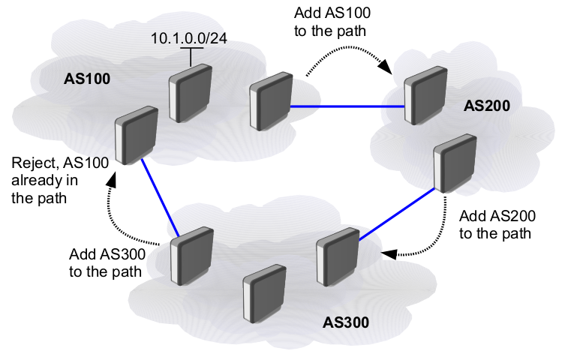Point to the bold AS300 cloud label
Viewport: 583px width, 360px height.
tap(346, 322)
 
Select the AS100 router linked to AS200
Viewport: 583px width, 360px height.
tap(269, 103)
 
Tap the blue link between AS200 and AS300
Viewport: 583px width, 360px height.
tap(398, 215)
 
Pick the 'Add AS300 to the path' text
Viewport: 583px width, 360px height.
tap(107, 262)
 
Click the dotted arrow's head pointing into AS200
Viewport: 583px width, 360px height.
tap(385, 68)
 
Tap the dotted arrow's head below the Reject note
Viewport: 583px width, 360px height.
tap(113, 180)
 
